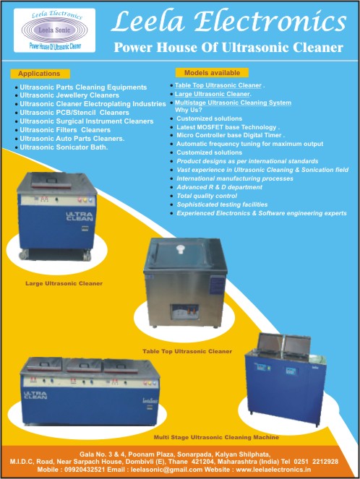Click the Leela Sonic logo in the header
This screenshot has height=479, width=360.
pyautogui.click(x=54, y=30)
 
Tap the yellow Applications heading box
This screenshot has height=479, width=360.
pyautogui.click(x=40, y=74)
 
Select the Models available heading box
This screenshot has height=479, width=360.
pyautogui.click(x=212, y=73)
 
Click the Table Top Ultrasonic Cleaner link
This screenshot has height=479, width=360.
pyautogui.click(x=218, y=85)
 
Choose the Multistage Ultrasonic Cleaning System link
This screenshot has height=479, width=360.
pyautogui.click(x=233, y=103)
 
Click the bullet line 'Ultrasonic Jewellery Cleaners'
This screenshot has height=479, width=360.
pyautogui.click(x=69, y=95)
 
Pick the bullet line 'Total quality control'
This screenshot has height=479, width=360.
pyautogui.click(x=207, y=196)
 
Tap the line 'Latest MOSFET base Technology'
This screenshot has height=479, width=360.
pyautogui.click(x=226, y=127)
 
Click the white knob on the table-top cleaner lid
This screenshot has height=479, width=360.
pyautogui.click(x=181, y=249)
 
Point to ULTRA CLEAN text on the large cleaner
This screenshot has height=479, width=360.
pyautogui.click(x=80, y=217)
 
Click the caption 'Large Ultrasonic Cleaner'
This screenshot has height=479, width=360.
pyautogui.click(x=64, y=283)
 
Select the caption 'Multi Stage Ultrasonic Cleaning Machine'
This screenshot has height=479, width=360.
pyautogui.click(x=216, y=437)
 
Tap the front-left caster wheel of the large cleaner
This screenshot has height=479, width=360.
pyautogui.click(x=24, y=254)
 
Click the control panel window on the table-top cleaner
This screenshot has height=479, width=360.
pyautogui.click(x=184, y=312)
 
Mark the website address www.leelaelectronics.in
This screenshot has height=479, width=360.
pyautogui.click(x=273, y=470)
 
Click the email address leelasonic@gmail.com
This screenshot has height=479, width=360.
pyautogui.click(x=167, y=470)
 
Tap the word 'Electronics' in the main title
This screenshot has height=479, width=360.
pyautogui.click(x=270, y=22)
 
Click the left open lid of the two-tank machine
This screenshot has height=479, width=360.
pyautogui.click(x=270, y=344)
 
